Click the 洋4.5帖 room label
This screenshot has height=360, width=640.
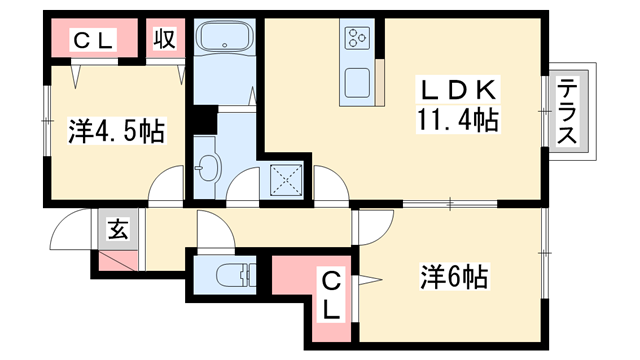116,130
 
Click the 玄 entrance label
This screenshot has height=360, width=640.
116,231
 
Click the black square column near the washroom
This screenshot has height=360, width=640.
203,119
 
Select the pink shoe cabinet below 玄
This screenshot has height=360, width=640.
117,262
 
